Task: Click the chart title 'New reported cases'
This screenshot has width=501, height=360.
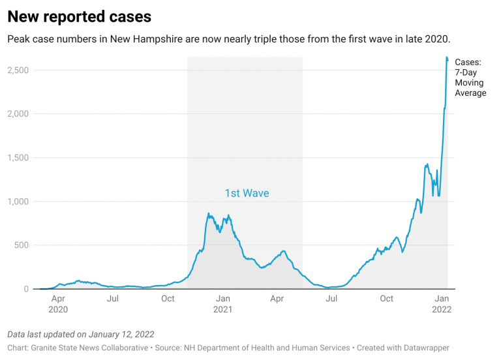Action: pyautogui.click(x=80, y=16)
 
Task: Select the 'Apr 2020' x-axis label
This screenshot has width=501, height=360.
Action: pyautogui.click(x=57, y=304)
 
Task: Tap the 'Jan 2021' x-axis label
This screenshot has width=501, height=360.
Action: pyautogui.click(x=222, y=304)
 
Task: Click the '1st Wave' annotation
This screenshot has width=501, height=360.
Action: pyautogui.click(x=247, y=193)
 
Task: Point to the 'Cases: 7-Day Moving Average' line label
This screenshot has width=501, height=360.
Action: pyautogui.click(x=470, y=78)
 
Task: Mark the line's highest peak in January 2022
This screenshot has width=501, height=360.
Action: pyautogui.click(x=447, y=57)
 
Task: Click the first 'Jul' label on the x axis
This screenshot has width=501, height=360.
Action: pyautogui.click(x=113, y=299)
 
